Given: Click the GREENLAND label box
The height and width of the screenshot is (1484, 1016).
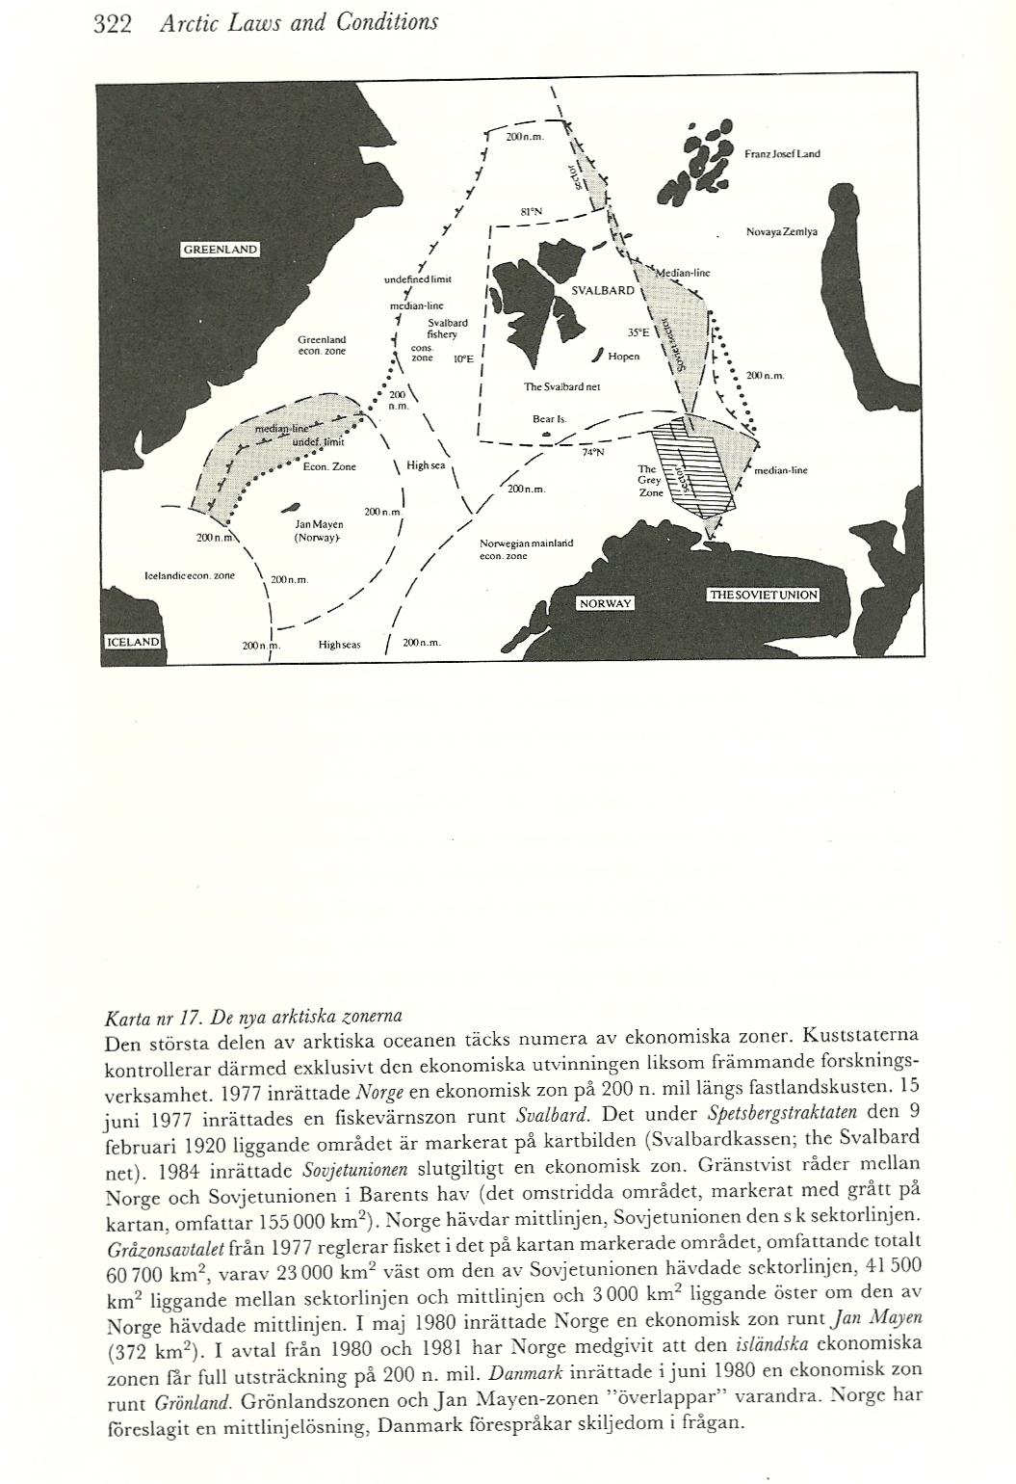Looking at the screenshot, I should pos(221,250).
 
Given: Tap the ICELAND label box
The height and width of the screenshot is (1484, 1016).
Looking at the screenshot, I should pos(134,642).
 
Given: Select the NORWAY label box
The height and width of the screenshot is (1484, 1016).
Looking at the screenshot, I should pos(605,603).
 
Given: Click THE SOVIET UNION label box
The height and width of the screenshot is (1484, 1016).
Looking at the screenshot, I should pos(763,595).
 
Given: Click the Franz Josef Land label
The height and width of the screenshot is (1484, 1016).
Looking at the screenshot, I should pos(782,154).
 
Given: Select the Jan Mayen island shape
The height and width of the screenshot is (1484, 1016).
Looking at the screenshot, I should pos(289,509).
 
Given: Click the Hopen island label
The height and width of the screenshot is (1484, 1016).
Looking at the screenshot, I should pos(624,356).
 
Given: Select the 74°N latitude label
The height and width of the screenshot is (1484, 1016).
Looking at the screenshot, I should pos(592,461).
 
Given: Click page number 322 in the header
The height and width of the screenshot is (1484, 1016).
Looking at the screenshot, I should pos(112,21).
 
